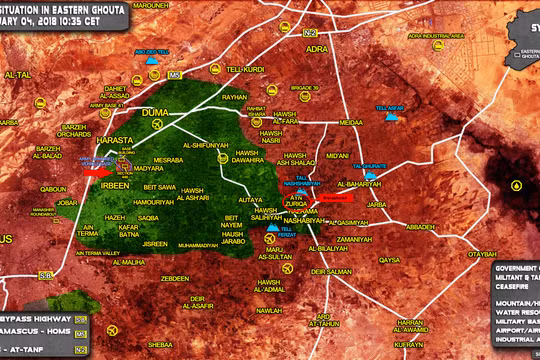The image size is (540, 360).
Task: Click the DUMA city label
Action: [159, 112]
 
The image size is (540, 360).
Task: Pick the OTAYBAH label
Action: [510, 254]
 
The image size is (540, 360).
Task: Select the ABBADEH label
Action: [420, 226]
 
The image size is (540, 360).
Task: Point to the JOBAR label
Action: [67, 202]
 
